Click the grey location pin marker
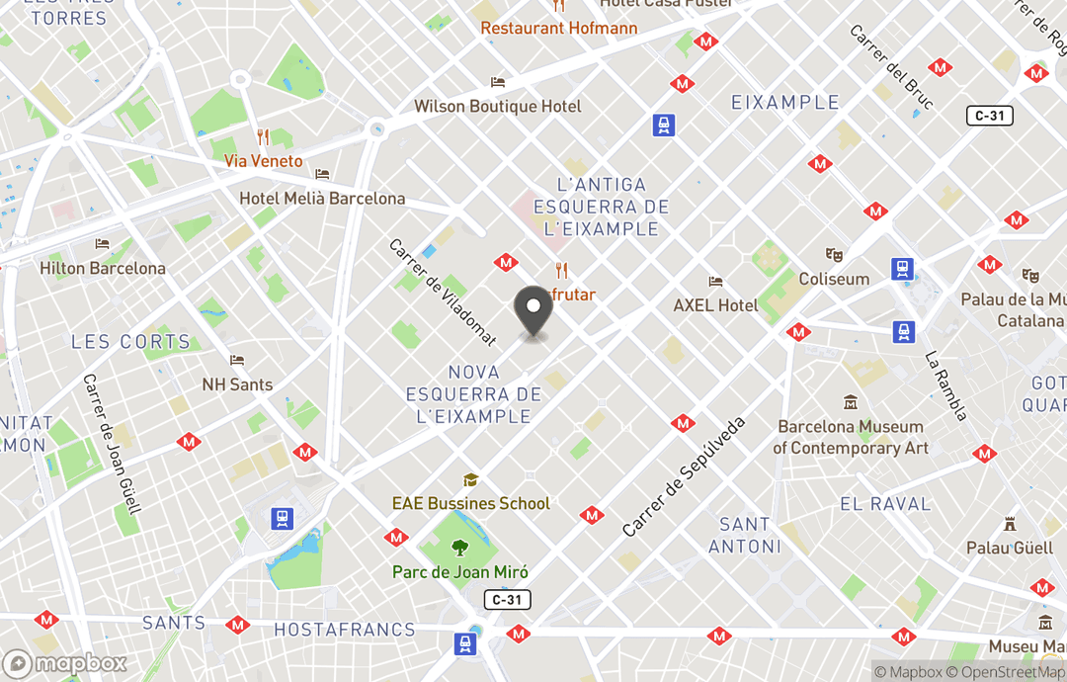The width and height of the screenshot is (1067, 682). point(533,314)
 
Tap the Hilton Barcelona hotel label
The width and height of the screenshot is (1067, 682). point(103,268)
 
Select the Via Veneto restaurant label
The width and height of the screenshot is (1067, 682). point(263,160)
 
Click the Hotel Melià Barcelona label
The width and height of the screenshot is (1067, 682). point(322,198)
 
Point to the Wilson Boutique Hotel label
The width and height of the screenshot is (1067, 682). point(498,106)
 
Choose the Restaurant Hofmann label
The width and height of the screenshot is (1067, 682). point(559,28)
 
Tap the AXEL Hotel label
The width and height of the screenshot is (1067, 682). point(715,304)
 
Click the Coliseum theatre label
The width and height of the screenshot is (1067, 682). point(834,279)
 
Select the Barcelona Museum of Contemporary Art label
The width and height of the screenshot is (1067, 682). point(851,437)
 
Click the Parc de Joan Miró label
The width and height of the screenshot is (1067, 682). point(460,571)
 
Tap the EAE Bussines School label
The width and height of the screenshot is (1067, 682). point(471,503)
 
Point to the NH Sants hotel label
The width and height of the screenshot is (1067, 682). point(237,384)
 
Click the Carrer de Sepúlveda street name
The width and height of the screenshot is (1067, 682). point(684,477)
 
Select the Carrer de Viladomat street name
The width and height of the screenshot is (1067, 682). point(443,292)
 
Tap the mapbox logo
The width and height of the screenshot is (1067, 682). point(65,663)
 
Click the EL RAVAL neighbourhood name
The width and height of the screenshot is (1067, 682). point(885,504)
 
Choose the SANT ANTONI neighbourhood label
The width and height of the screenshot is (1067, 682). point(745,535)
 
